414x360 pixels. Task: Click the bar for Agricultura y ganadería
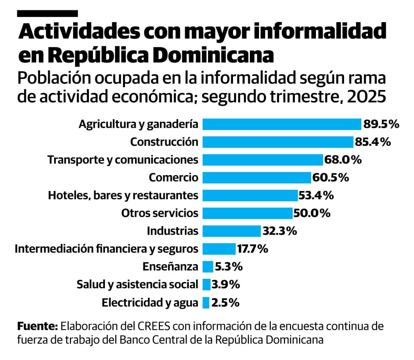pos(282,124)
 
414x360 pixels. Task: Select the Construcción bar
pos(278,142)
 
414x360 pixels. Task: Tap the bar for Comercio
pos(257,178)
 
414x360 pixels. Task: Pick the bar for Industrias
pos(232,231)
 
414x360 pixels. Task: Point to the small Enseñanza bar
pos(208,266)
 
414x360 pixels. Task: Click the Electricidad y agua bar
pos(206,302)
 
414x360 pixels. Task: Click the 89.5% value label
pos(381,124)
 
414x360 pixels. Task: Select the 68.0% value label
pos(343,160)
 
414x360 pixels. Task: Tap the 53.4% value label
pos(316,195)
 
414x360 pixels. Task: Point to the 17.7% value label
pos(252,249)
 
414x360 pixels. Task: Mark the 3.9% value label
pos(226,284)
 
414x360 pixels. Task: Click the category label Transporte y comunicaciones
pos(123,160)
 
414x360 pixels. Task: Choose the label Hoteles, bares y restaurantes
pos(123,195)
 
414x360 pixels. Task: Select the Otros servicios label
pos(160,213)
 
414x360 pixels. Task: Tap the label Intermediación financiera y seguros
pos(106,249)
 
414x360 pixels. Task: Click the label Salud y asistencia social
pos(137,284)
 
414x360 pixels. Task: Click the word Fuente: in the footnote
pos(37,326)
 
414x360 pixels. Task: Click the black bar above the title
pos(47,13)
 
